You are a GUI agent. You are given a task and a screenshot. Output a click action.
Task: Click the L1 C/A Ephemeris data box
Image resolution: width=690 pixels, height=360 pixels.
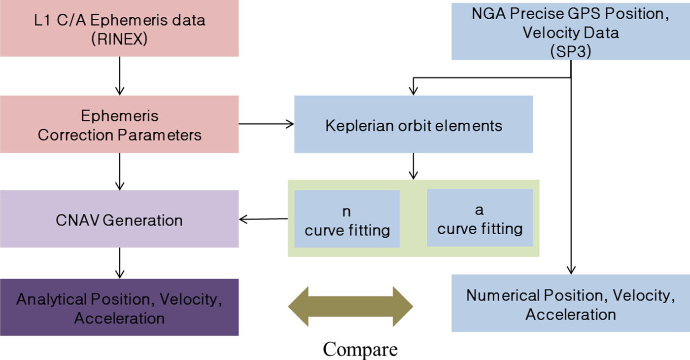pos(119,29)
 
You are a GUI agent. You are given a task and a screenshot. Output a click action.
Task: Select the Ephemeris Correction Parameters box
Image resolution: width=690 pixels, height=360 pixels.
pos(119,124)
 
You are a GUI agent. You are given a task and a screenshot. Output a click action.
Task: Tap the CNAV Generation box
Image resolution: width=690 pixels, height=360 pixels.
pos(119,219)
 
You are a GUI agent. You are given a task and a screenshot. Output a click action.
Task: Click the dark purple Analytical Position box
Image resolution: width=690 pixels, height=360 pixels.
pos(119,308)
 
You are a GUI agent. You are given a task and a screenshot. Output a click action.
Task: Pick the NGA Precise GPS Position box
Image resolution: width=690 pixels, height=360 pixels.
pos(570,30)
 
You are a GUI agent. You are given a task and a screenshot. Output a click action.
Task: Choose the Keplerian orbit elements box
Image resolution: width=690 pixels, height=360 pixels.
pos(414,125)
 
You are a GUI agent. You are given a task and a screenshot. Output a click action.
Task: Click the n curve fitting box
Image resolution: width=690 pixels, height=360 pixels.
pos(347,218)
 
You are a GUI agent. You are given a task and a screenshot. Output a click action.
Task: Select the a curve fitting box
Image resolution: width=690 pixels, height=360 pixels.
pos(480,218)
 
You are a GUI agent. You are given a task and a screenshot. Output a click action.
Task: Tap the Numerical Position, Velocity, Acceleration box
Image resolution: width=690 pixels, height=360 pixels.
pos(570,304)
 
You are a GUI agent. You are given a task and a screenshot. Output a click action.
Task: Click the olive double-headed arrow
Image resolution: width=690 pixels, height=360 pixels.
pos(350,306)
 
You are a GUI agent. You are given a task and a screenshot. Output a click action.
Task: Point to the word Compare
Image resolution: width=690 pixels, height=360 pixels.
pos(360,349)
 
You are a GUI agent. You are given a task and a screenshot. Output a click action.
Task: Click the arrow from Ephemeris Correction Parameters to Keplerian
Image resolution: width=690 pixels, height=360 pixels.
pos(266,124)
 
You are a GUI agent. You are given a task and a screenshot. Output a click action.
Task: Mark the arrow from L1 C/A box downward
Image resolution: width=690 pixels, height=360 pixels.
pos(119,75)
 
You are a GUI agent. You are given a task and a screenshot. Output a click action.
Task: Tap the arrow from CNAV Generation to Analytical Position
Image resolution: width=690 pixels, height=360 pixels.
pos(119,262)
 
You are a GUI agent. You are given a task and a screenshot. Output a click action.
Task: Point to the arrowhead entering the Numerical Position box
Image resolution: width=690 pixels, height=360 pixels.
pos(571,270)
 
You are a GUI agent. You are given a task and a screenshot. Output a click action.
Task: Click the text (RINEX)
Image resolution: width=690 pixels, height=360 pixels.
pos(119,39)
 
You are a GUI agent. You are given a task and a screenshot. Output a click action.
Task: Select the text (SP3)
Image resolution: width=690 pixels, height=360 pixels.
pos(570,51)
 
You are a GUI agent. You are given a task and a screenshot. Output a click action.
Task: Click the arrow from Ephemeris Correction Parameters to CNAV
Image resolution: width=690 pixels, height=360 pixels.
pos(119,171)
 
